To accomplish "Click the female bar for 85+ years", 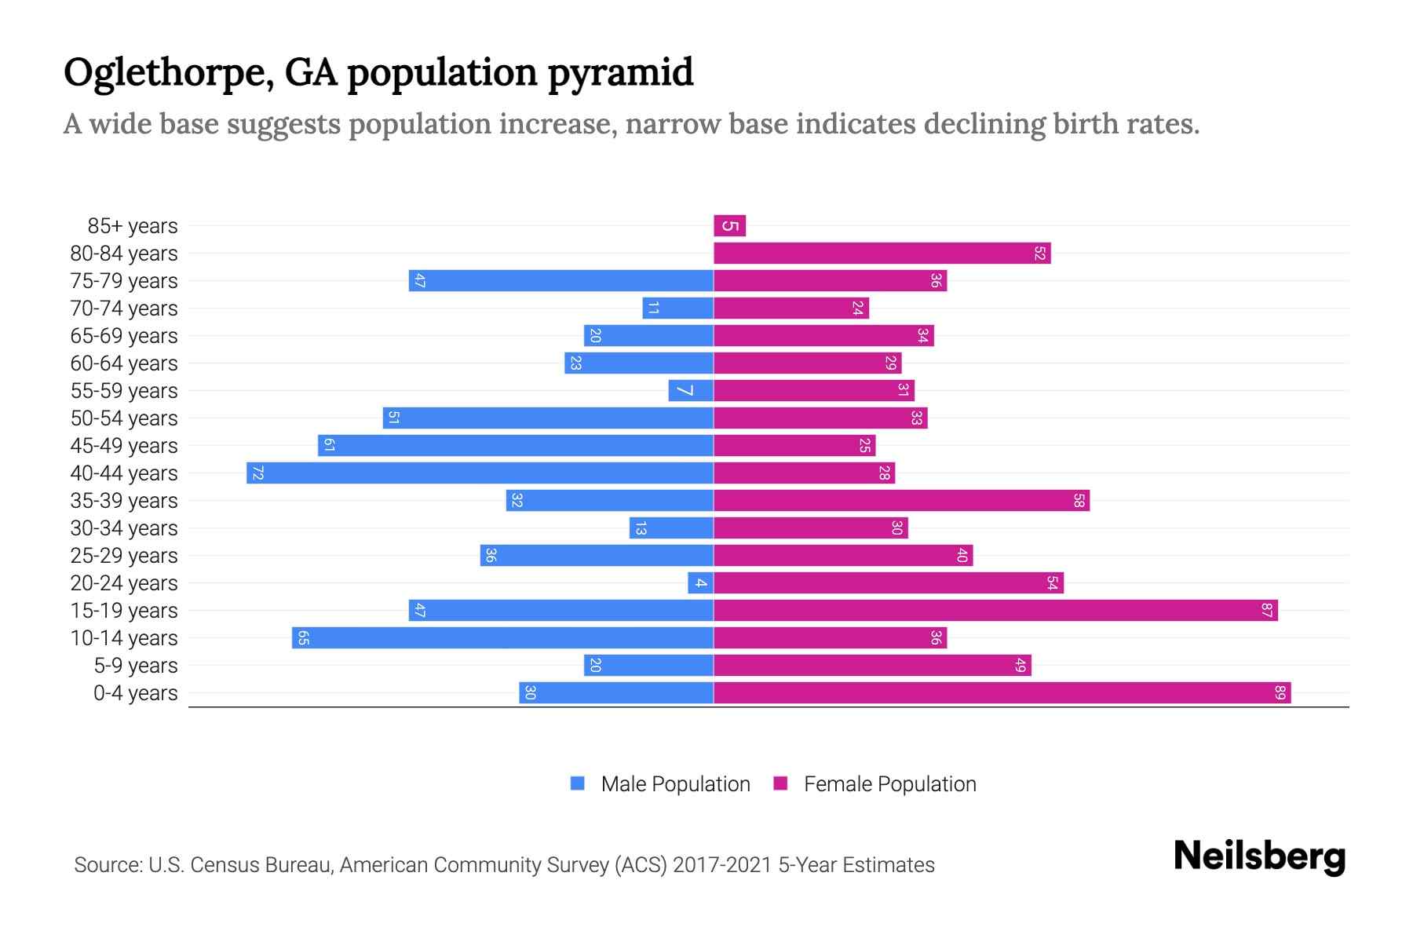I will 729,226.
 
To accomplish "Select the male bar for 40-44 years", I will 480,473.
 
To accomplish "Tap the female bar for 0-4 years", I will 1002,693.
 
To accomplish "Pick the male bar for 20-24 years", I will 700,583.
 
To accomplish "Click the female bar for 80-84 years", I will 882,254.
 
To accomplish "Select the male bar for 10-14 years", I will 502,638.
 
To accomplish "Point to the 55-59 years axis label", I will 124,391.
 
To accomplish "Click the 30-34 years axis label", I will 124,528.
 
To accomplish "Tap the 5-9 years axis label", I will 135,666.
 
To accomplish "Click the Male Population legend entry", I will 675,784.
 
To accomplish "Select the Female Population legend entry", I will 889,784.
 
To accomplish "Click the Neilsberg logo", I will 1259,856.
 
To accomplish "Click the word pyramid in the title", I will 620,73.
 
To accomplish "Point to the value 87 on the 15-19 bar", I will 1266,611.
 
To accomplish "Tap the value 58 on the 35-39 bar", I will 1079,501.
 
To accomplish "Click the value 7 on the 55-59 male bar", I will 685,391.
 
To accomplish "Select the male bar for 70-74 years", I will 677,309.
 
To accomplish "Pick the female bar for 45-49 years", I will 794,446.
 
